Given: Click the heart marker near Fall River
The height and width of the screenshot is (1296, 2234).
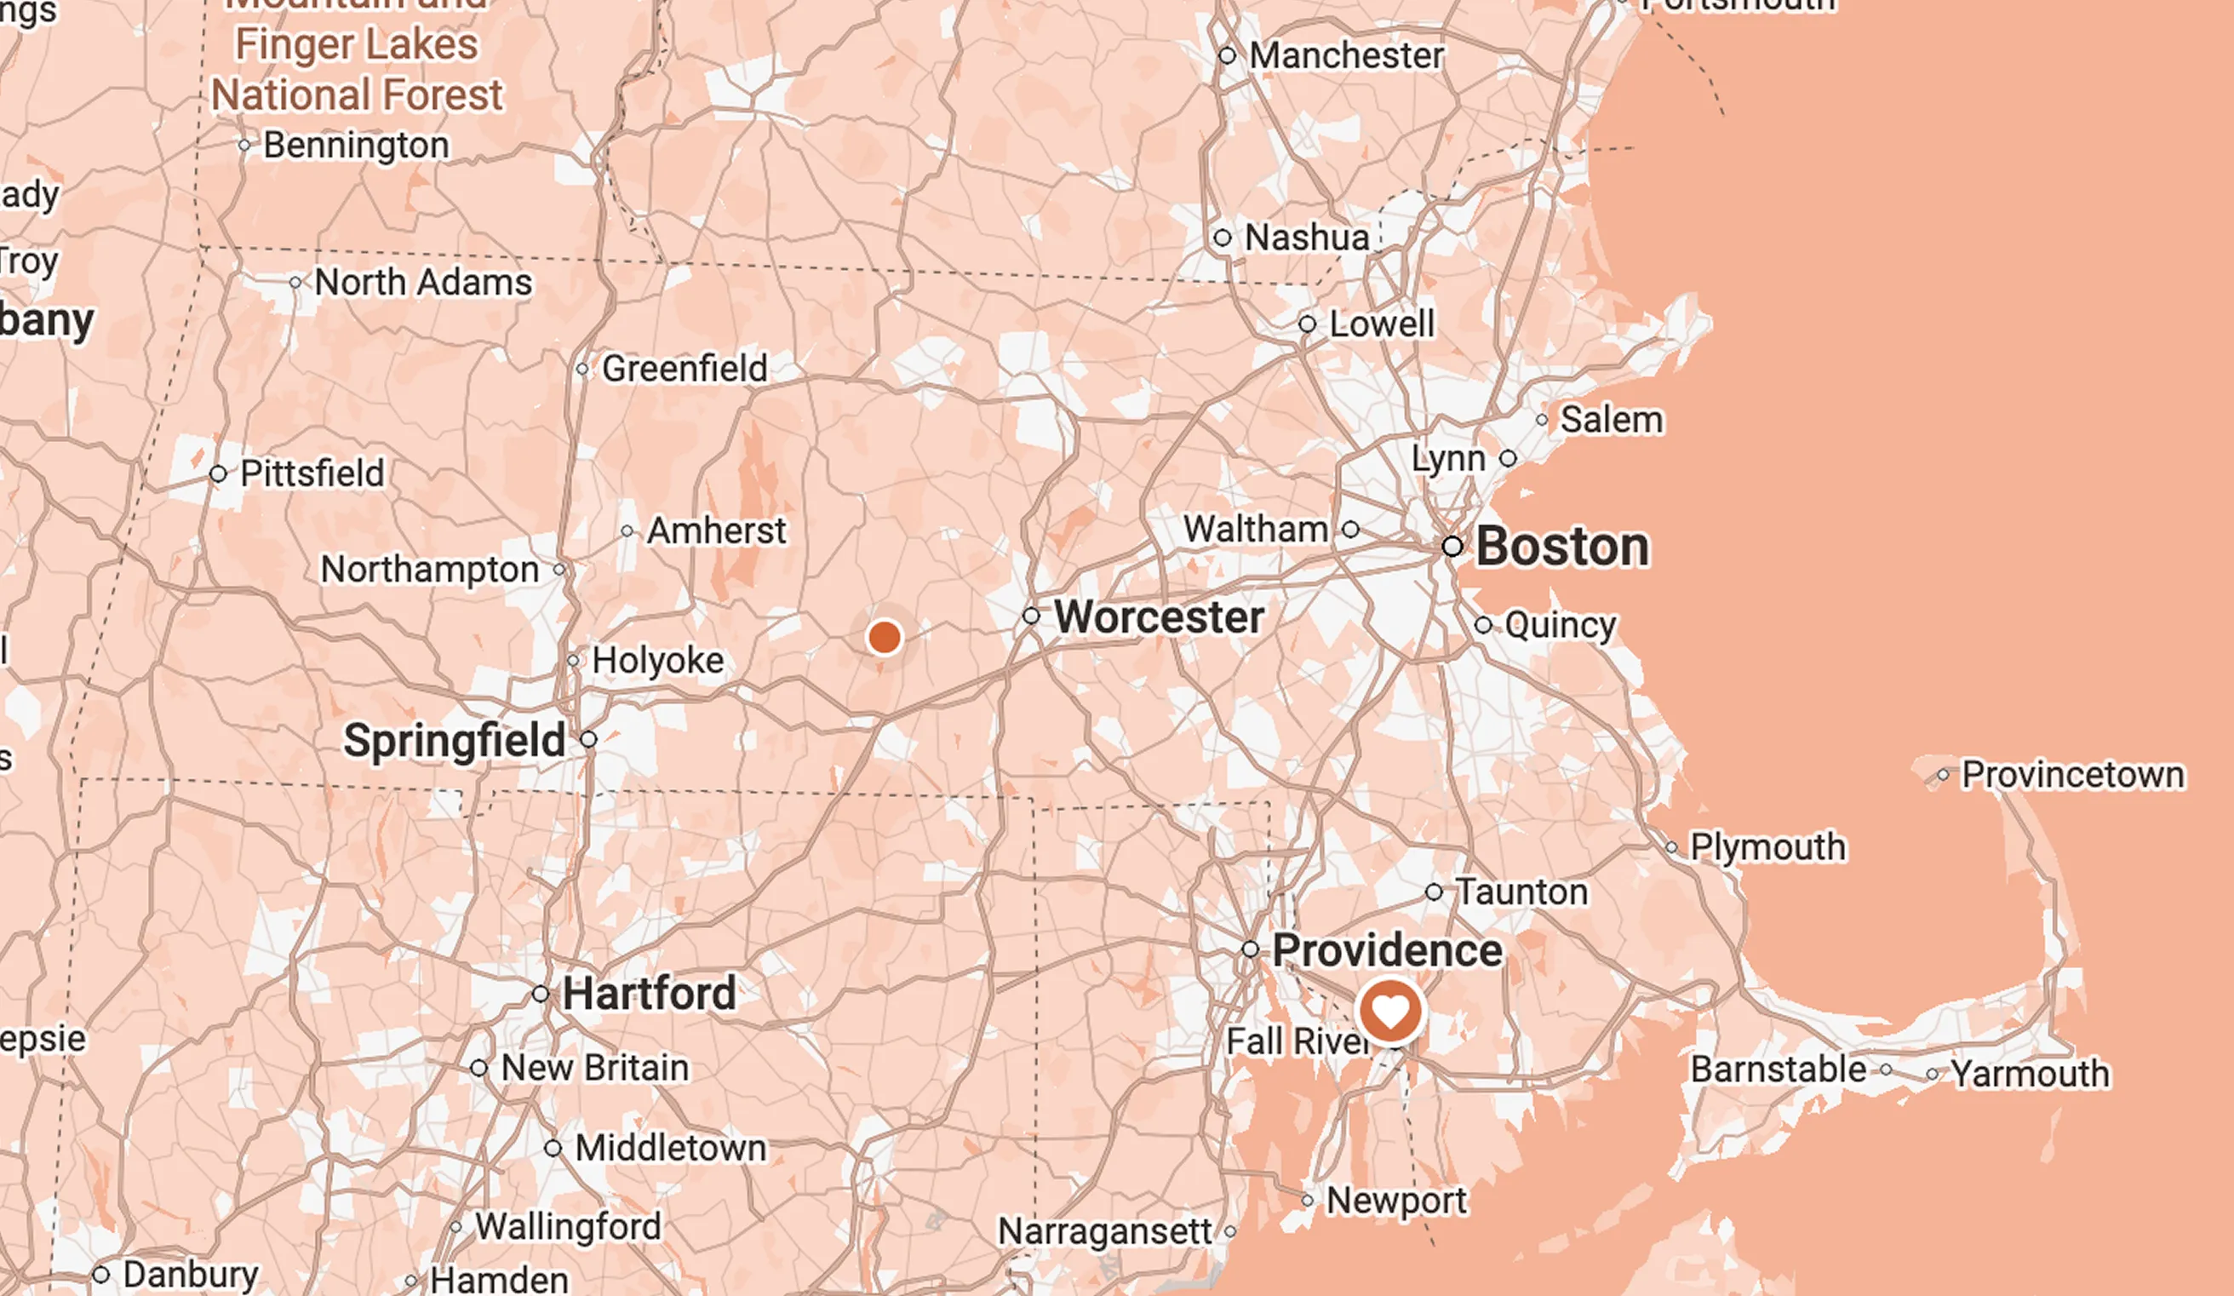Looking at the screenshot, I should tap(1390, 1012).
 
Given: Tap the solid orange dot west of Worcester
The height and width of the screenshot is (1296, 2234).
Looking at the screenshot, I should tap(884, 636).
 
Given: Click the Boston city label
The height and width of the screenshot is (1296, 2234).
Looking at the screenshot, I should tap(1562, 546).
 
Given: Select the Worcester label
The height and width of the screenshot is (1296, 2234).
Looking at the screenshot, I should tap(1159, 616).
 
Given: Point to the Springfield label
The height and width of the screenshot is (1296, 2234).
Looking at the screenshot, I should tap(454, 740).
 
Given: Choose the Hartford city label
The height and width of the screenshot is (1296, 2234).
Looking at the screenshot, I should tap(649, 993).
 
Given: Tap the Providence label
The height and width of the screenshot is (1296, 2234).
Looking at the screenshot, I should tap(1388, 950).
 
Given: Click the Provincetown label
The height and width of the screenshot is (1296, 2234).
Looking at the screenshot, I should tap(2072, 775).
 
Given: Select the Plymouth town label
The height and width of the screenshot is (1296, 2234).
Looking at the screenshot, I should tap(1767, 846).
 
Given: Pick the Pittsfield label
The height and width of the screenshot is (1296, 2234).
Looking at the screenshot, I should tap(312, 473).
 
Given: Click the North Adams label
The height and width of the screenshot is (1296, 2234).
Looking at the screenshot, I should tap(423, 283).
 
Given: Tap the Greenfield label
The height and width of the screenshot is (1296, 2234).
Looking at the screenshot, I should tap(685, 369).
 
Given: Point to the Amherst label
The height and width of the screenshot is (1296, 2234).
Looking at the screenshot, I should tap(716, 531).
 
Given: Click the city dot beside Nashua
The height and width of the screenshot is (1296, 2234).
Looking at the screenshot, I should tap(1223, 238).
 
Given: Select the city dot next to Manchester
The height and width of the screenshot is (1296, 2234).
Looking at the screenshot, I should tap(1227, 56).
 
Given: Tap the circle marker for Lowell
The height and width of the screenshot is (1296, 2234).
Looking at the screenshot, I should tap(1307, 324).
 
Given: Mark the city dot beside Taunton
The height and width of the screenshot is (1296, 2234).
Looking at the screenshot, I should tap(1434, 892).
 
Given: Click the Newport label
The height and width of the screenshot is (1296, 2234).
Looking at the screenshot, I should tap(1396, 1201).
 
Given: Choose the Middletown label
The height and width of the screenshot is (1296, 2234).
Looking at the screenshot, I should tap(670, 1148).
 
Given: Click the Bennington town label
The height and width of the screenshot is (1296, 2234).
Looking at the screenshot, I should tap(356, 146).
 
